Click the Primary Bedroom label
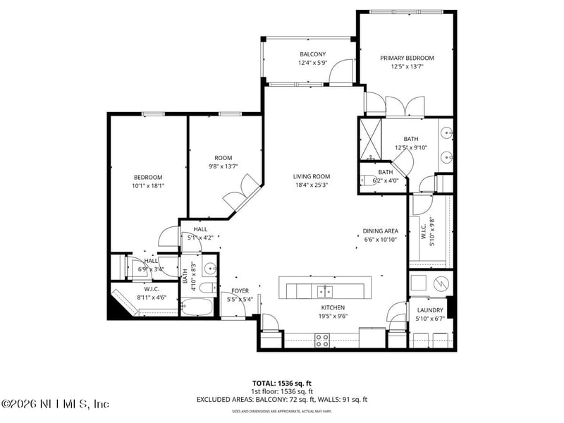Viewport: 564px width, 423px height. click(407, 58)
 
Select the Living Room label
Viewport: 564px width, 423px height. click(312, 176)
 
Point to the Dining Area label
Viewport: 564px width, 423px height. click(381, 231)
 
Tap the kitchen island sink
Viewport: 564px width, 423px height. click(324, 290)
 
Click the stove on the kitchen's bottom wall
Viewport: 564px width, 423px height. click(322, 340)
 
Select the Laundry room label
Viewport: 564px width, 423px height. click(430, 310)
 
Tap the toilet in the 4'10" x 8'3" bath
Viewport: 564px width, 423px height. click(205, 288)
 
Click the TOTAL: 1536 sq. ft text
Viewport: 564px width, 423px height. click(282, 383)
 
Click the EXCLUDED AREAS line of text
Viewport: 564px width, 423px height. click(282, 400)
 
